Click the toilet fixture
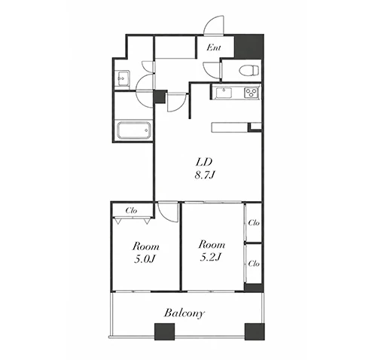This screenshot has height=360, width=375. pyautogui.click(x=249, y=70)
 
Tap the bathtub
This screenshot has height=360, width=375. pyautogui.click(x=134, y=130)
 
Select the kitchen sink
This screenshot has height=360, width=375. pyautogui.click(x=224, y=93)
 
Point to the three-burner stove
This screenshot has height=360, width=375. pyautogui.click(x=252, y=93)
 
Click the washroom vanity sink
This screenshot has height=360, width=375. pyautogui.click(x=123, y=78)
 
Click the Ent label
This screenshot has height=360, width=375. pyautogui.click(x=214, y=47)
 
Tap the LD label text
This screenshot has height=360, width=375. pyautogui.click(x=204, y=162)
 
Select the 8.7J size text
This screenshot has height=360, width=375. pyautogui.click(x=204, y=175)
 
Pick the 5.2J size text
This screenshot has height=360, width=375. pyautogui.click(x=210, y=257)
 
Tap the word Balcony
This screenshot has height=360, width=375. pyautogui.click(x=184, y=313)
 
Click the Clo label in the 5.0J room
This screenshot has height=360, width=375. pyautogui.click(x=131, y=210)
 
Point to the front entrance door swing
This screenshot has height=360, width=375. pyautogui.click(x=214, y=25)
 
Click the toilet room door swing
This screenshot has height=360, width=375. pyautogui.click(x=212, y=70)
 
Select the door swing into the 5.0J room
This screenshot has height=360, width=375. pyautogui.click(x=168, y=212)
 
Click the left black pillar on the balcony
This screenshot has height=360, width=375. pyautogui.click(x=164, y=331)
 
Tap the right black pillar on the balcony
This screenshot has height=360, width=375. pyautogui.click(x=255, y=331)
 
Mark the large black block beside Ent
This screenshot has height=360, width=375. pyautogui.click(x=249, y=47)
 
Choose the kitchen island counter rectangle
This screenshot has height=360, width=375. pyautogui.click(x=230, y=127)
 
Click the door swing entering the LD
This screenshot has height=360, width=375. pyautogui.click(x=177, y=102)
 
